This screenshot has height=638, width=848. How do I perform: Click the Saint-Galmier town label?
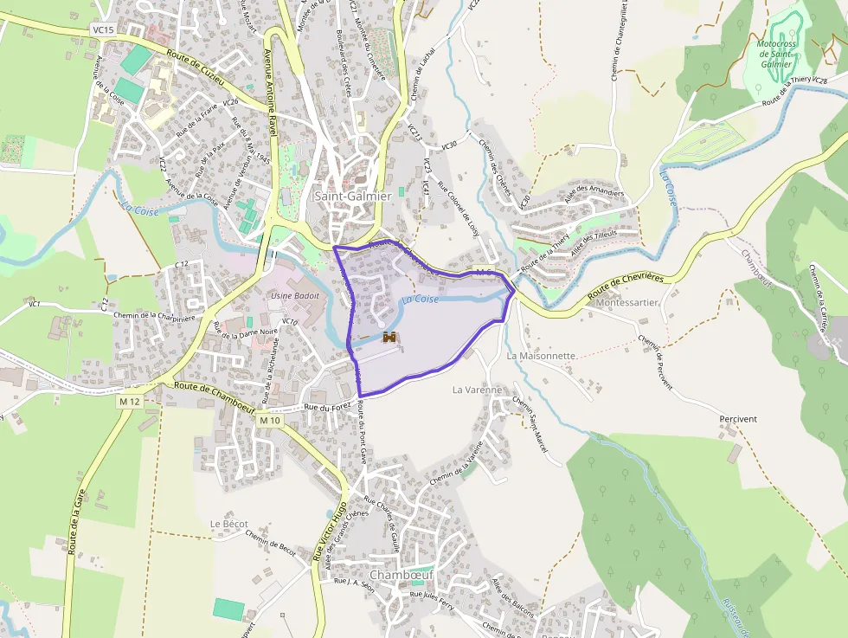(353, 197)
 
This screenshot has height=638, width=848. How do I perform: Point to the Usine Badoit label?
(295, 296)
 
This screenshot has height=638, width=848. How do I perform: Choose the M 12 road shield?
(131, 402)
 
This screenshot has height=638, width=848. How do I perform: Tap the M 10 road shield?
(270, 420)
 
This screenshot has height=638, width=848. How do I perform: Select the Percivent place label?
(738, 419)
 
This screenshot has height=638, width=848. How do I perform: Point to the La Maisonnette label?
(542, 356)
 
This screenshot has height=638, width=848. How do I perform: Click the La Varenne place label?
(477, 390)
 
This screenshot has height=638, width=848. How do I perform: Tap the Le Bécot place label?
(229, 525)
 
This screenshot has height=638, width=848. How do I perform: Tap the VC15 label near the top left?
(102, 29)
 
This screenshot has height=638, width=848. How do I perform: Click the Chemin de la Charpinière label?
(156, 316)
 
